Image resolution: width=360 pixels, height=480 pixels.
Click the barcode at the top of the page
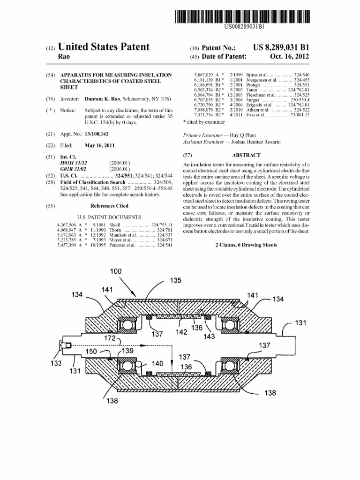coord(242,16)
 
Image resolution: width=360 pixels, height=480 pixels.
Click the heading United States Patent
coord(104,47)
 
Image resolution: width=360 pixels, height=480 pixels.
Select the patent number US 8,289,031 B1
coord(281,47)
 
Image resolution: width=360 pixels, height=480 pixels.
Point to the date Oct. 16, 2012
coord(289,56)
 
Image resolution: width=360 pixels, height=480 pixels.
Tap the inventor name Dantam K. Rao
coord(102,99)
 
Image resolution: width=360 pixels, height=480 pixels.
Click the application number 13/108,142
coord(97,134)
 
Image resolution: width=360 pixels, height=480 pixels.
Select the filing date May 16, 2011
coord(99,145)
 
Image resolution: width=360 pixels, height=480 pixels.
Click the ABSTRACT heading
coord(246,155)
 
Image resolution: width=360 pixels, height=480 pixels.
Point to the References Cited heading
coord(109,206)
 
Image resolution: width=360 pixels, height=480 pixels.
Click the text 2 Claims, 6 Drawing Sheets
coord(246,245)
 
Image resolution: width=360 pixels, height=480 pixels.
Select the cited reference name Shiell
coord(115,225)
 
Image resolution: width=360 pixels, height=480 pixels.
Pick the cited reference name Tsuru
coord(252,90)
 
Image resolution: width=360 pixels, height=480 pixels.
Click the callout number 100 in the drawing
coord(116,271)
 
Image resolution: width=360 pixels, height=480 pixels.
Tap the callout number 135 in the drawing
coord(175,280)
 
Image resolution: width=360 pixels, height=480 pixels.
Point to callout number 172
coord(110,338)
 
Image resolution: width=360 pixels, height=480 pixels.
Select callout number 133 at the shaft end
coord(56,363)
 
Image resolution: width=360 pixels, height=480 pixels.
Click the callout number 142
coord(181,332)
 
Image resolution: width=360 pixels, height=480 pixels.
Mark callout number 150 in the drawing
coord(91,352)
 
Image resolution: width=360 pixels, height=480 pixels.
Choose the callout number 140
coord(157,363)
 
